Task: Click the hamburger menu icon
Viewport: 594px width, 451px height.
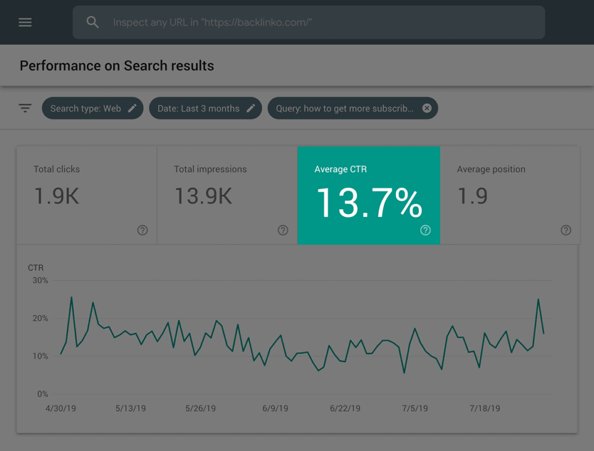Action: tap(25, 22)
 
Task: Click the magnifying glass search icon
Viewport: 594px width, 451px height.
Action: tap(92, 22)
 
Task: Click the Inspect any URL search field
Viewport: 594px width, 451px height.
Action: tap(309, 22)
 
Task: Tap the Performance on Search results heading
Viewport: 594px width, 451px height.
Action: tap(117, 66)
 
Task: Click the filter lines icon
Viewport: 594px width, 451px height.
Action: tap(25, 108)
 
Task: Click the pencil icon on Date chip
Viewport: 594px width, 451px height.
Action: tap(251, 108)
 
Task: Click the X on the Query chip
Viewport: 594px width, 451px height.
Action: tap(427, 108)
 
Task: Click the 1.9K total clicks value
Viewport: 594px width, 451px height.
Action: tap(56, 196)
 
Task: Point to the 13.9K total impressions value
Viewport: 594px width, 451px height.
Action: tap(203, 196)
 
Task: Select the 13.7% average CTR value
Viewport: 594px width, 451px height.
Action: tap(369, 203)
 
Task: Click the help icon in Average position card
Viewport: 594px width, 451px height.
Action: tap(566, 230)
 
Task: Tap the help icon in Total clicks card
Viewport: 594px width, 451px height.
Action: tap(142, 230)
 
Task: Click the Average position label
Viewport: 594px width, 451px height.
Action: tap(491, 169)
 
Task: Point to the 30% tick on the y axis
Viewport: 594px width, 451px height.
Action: tap(40, 280)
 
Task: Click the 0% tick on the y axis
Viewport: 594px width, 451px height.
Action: tap(42, 394)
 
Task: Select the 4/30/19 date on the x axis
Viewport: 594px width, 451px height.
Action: tap(61, 408)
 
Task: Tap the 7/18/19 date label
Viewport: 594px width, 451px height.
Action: tap(484, 408)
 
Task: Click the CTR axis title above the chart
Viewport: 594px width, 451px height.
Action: tap(36, 268)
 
